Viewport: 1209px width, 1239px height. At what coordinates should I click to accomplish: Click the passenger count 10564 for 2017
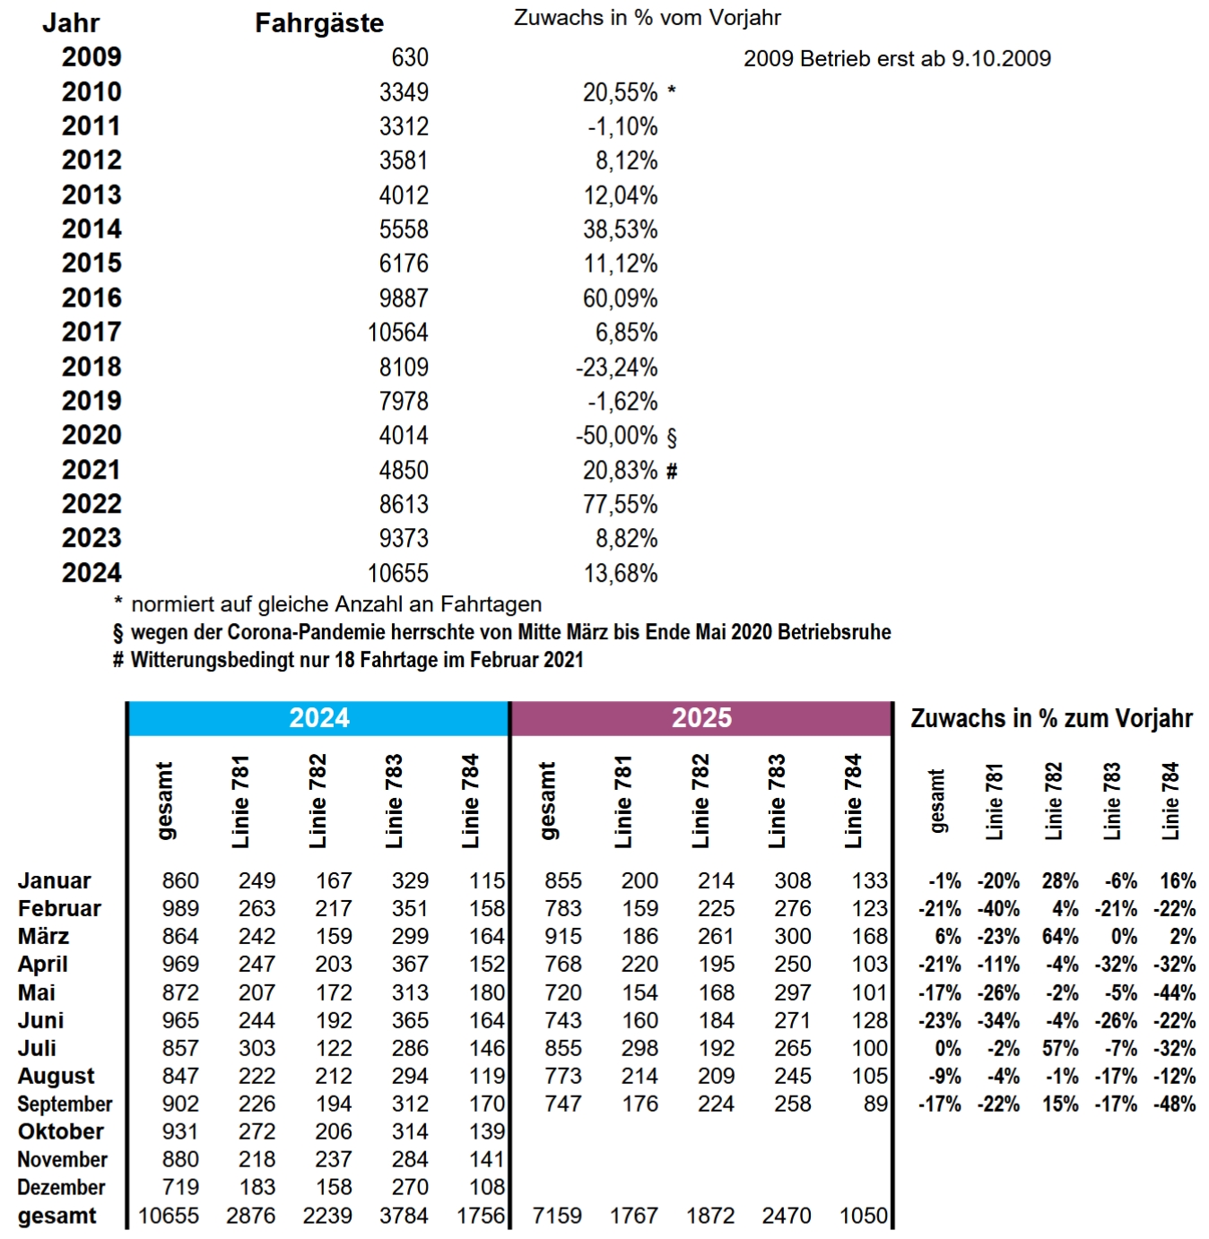(x=397, y=333)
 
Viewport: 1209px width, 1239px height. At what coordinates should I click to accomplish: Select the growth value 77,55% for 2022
(x=620, y=505)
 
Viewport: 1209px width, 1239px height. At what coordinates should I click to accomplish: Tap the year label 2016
(x=91, y=298)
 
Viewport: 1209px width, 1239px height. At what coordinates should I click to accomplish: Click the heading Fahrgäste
(x=319, y=23)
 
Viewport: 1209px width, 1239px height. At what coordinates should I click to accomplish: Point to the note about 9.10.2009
(x=897, y=59)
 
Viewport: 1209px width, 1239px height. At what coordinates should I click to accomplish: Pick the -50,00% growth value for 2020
(x=616, y=436)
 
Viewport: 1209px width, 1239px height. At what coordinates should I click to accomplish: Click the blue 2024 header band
(x=318, y=718)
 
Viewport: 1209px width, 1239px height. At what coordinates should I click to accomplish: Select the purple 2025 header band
(x=701, y=718)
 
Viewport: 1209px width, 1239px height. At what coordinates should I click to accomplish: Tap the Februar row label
(x=59, y=909)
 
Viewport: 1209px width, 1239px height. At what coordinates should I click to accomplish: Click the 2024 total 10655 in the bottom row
(x=169, y=1217)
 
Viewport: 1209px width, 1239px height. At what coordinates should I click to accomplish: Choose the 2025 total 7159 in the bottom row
(x=557, y=1217)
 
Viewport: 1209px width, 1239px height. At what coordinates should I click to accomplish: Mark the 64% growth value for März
(x=1060, y=937)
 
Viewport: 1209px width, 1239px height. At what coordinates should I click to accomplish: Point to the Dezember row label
(x=61, y=1188)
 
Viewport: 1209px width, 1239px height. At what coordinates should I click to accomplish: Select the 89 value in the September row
(x=875, y=1105)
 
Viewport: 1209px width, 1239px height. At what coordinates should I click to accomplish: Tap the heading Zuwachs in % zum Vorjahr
(x=1051, y=719)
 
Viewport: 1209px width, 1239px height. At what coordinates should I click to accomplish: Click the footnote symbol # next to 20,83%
(x=673, y=471)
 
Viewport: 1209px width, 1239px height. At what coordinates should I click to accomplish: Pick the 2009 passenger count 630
(x=410, y=57)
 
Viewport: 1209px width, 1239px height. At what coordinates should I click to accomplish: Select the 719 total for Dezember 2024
(x=180, y=1188)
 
